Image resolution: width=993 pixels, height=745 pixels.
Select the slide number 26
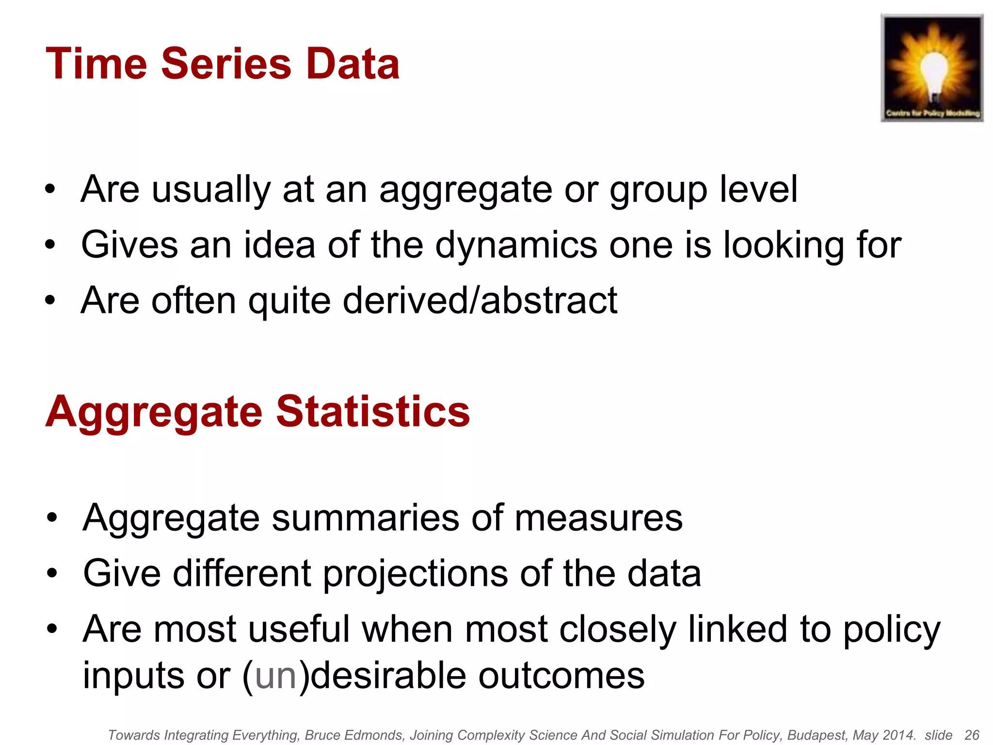click(x=972, y=735)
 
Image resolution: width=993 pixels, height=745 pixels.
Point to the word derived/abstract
click(x=480, y=301)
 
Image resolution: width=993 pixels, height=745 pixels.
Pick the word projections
click(x=415, y=574)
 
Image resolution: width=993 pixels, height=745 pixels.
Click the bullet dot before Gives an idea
click(x=50, y=245)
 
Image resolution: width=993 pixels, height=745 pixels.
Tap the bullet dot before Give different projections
click(x=52, y=574)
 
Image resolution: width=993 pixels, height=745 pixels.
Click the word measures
click(x=598, y=518)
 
